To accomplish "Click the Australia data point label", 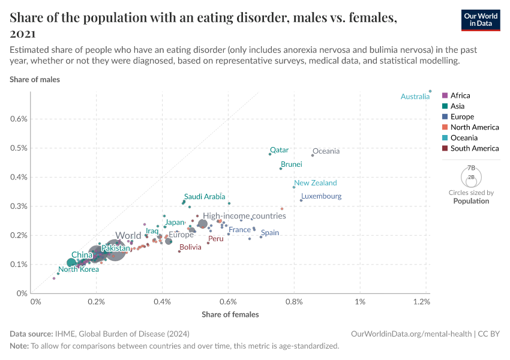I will point(415,97).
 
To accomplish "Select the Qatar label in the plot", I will point(279,150).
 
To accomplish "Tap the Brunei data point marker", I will point(281,169).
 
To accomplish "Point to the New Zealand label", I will point(316,183).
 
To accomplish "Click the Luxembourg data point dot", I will point(301,200).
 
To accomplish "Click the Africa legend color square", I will point(445,96).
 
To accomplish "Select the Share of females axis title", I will point(230,314).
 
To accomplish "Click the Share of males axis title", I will point(35,79).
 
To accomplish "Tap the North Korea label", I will point(79,269).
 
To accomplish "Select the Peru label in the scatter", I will point(215,239).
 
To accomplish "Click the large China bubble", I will point(71,263).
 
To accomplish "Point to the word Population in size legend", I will point(471,201).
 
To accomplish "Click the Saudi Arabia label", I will point(205,196).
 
